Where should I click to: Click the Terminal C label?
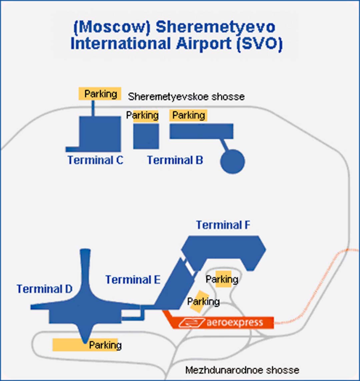pos(95,160)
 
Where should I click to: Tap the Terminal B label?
pos(175,160)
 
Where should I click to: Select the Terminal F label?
pos(223,225)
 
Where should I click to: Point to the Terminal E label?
pos(133,280)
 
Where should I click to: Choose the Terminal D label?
pos(44,289)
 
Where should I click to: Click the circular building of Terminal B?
pos(232,161)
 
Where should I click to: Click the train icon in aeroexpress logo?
pos(192,323)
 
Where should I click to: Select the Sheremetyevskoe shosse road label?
pos(186,97)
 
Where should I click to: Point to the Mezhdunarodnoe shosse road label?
pos(242,370)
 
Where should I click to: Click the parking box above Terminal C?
pos(100,94)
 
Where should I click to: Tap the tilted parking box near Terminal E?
pos(199,301)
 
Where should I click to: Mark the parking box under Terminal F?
pos(223,279)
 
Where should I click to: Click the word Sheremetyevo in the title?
pos(216,27)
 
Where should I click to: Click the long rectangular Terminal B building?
pos(201,131)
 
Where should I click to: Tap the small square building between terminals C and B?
pos(146,136)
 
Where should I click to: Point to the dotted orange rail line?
pos(310,294)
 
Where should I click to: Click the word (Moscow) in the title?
pos(111,27)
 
